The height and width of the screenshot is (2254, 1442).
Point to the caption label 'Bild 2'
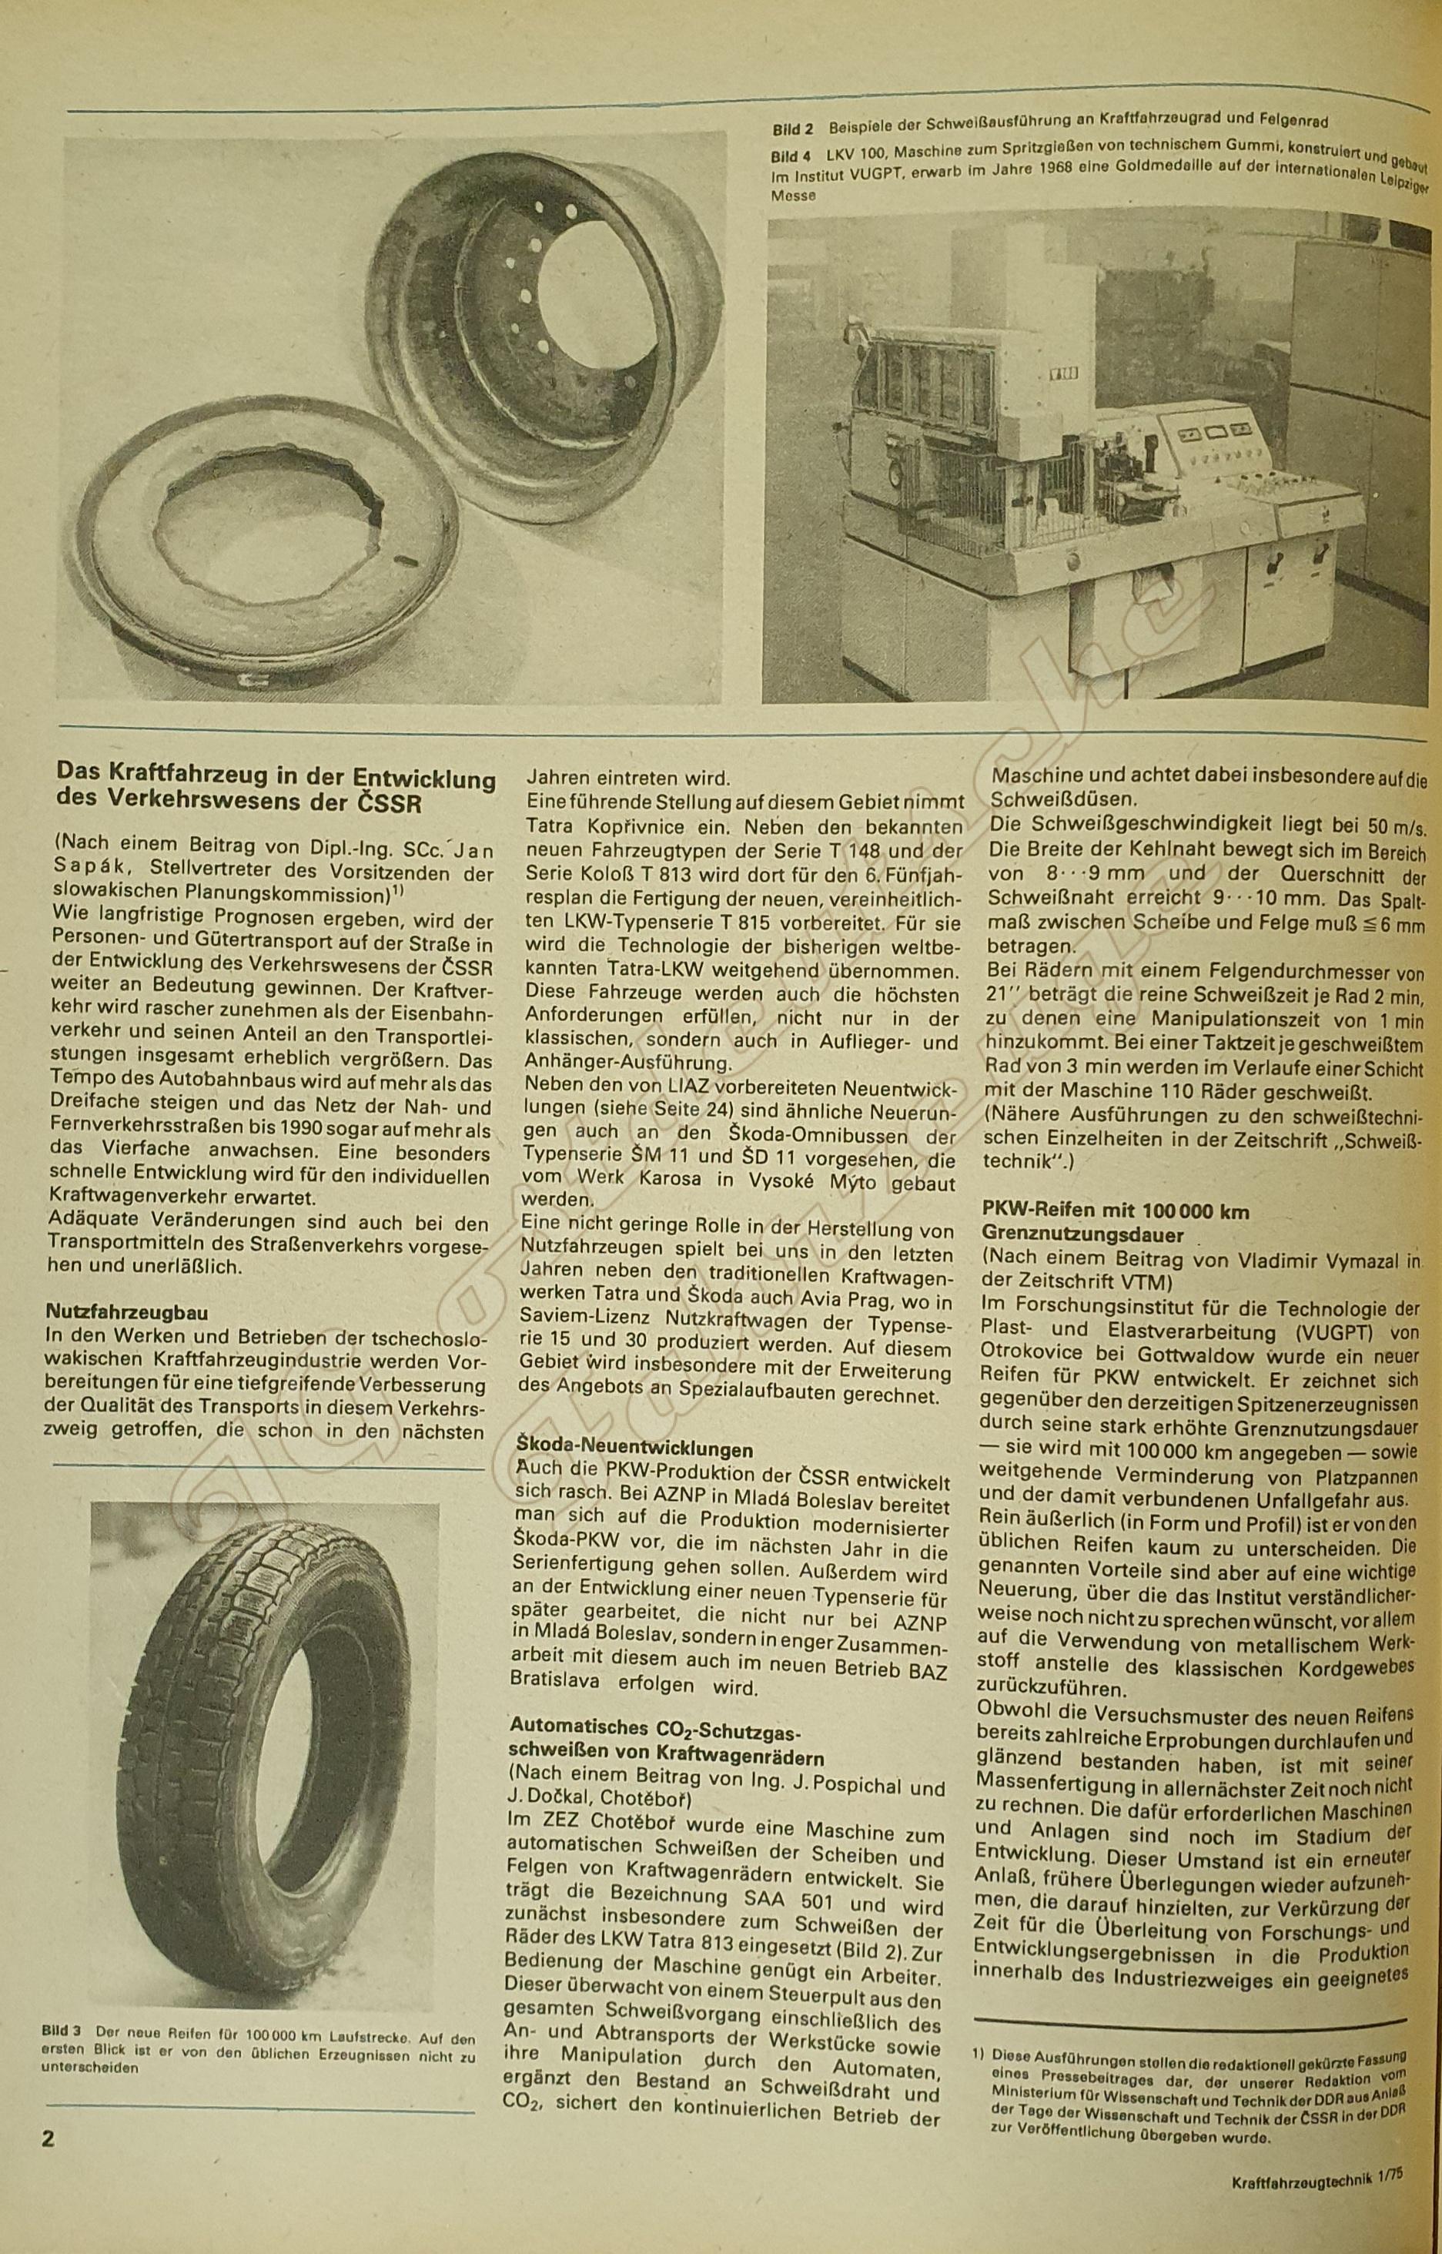tap(793, 127)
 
